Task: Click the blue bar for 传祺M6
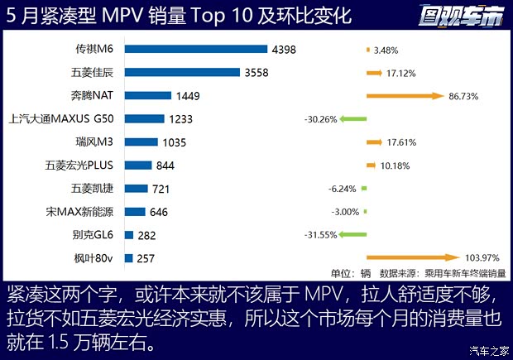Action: point(195,50)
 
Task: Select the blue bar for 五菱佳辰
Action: point(181,73)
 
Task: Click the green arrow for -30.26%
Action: point(353,119)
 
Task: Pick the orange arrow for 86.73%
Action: point(405,96)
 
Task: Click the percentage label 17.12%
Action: point(400,73)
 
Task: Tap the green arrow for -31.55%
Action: point(353,235)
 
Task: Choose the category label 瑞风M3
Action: point(95,142)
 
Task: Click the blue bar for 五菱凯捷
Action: point(136,189)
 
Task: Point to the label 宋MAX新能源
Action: point(81,212)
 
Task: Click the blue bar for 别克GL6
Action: point(129,235)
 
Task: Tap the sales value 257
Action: point(146,258)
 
